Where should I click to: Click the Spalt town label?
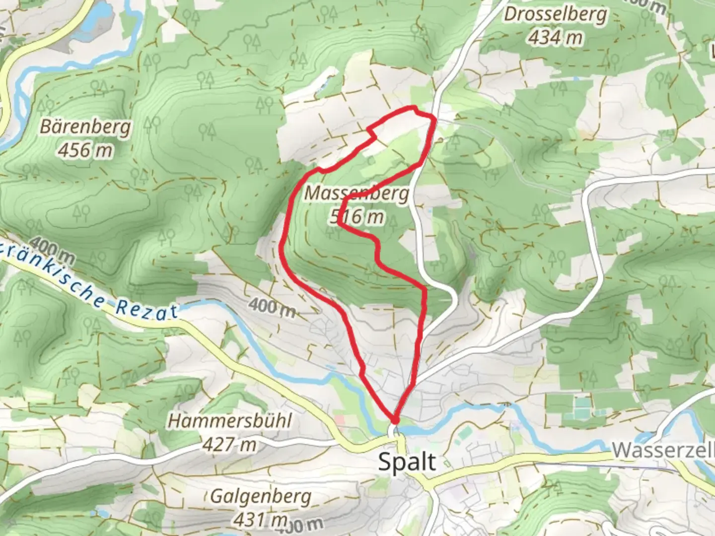pyautogui.click(x=407, y=462)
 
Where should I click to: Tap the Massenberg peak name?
pyautogui.click(x=357, y=194)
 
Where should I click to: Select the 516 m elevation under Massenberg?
pyautogui.click(x=357, y=216)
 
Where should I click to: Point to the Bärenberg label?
pyautogui.click(x=85, y=127)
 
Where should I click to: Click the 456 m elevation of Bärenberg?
pyautogui.click(x=85, y=149)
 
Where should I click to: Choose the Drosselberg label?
pyautogui.click(x=555, y=14)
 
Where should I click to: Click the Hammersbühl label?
pyautogui.click(x=229, y=421)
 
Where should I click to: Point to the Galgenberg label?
pyautogui.click(x=261, y=496)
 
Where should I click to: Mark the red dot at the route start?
pyautogui.click(x=395, y=421)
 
